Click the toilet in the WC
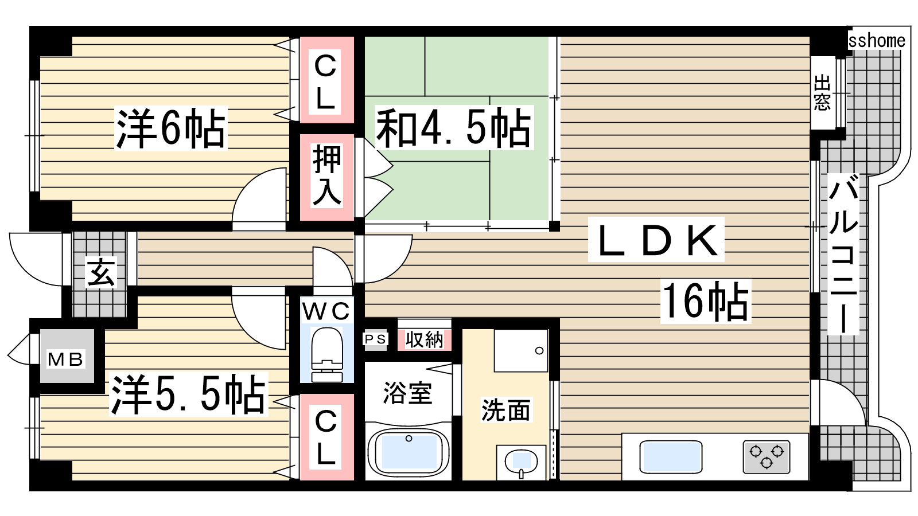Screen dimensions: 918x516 click(327, 354)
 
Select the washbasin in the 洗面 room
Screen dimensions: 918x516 click(521, 463)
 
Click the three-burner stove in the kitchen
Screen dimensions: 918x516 click(766, 456)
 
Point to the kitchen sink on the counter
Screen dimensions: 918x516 click(671, 456)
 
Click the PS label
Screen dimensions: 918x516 click(375, 339)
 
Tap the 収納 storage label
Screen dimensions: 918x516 click(425, 339)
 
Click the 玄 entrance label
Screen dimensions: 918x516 click(101, 272)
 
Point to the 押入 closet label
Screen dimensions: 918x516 click(326, 175)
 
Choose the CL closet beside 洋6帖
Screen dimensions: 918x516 click(326, 80)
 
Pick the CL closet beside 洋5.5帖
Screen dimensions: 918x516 click(326, 436)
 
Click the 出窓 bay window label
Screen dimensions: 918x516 click(822, 92)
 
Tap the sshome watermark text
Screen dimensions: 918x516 click(876, 41)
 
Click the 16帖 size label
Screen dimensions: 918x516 click(705, 302)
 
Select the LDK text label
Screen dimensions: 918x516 click(656, 240)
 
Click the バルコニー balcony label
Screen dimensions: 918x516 click(843, 254)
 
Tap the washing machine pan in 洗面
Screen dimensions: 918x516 click(521, 350)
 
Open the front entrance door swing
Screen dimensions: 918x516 click(36, 259)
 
